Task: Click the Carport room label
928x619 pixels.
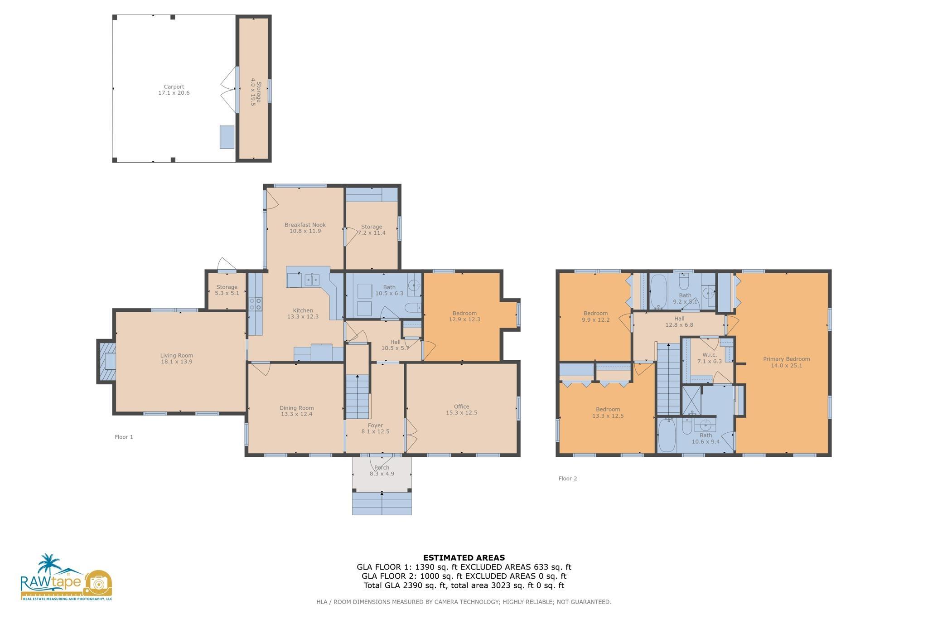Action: pyautogui.click(x=174, y=87)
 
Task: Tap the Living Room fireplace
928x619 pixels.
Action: pyautogui.click(x=106, y=362)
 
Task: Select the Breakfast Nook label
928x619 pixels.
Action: pyautogui.click(x=305, y=225)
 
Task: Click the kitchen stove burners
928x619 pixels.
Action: pyautogui.click(x=256, y=304)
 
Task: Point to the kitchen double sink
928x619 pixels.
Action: pyautogui.click(x=312, y=280)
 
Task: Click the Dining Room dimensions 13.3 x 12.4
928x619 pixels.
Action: pyautogui.click(x=296, y=414)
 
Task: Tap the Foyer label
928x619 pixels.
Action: pyautogui.click(x=375, y=426)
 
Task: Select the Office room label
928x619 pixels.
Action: pyautogui.click(x=461, y=406)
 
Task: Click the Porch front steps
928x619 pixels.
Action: pyautogui.click(x=382, y=503)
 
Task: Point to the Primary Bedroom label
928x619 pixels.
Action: pyautogui.click(x=786, y=359)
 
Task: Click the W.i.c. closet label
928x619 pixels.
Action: pyautogui.click(x=710, y=355)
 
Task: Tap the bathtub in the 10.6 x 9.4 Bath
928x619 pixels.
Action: pyautogui.click(x=667, y=435)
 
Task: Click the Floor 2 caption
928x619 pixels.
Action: pyautogui.click(x=567, y=479)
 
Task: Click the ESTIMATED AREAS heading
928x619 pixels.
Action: pyautogui.click(x=464, y=558)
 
